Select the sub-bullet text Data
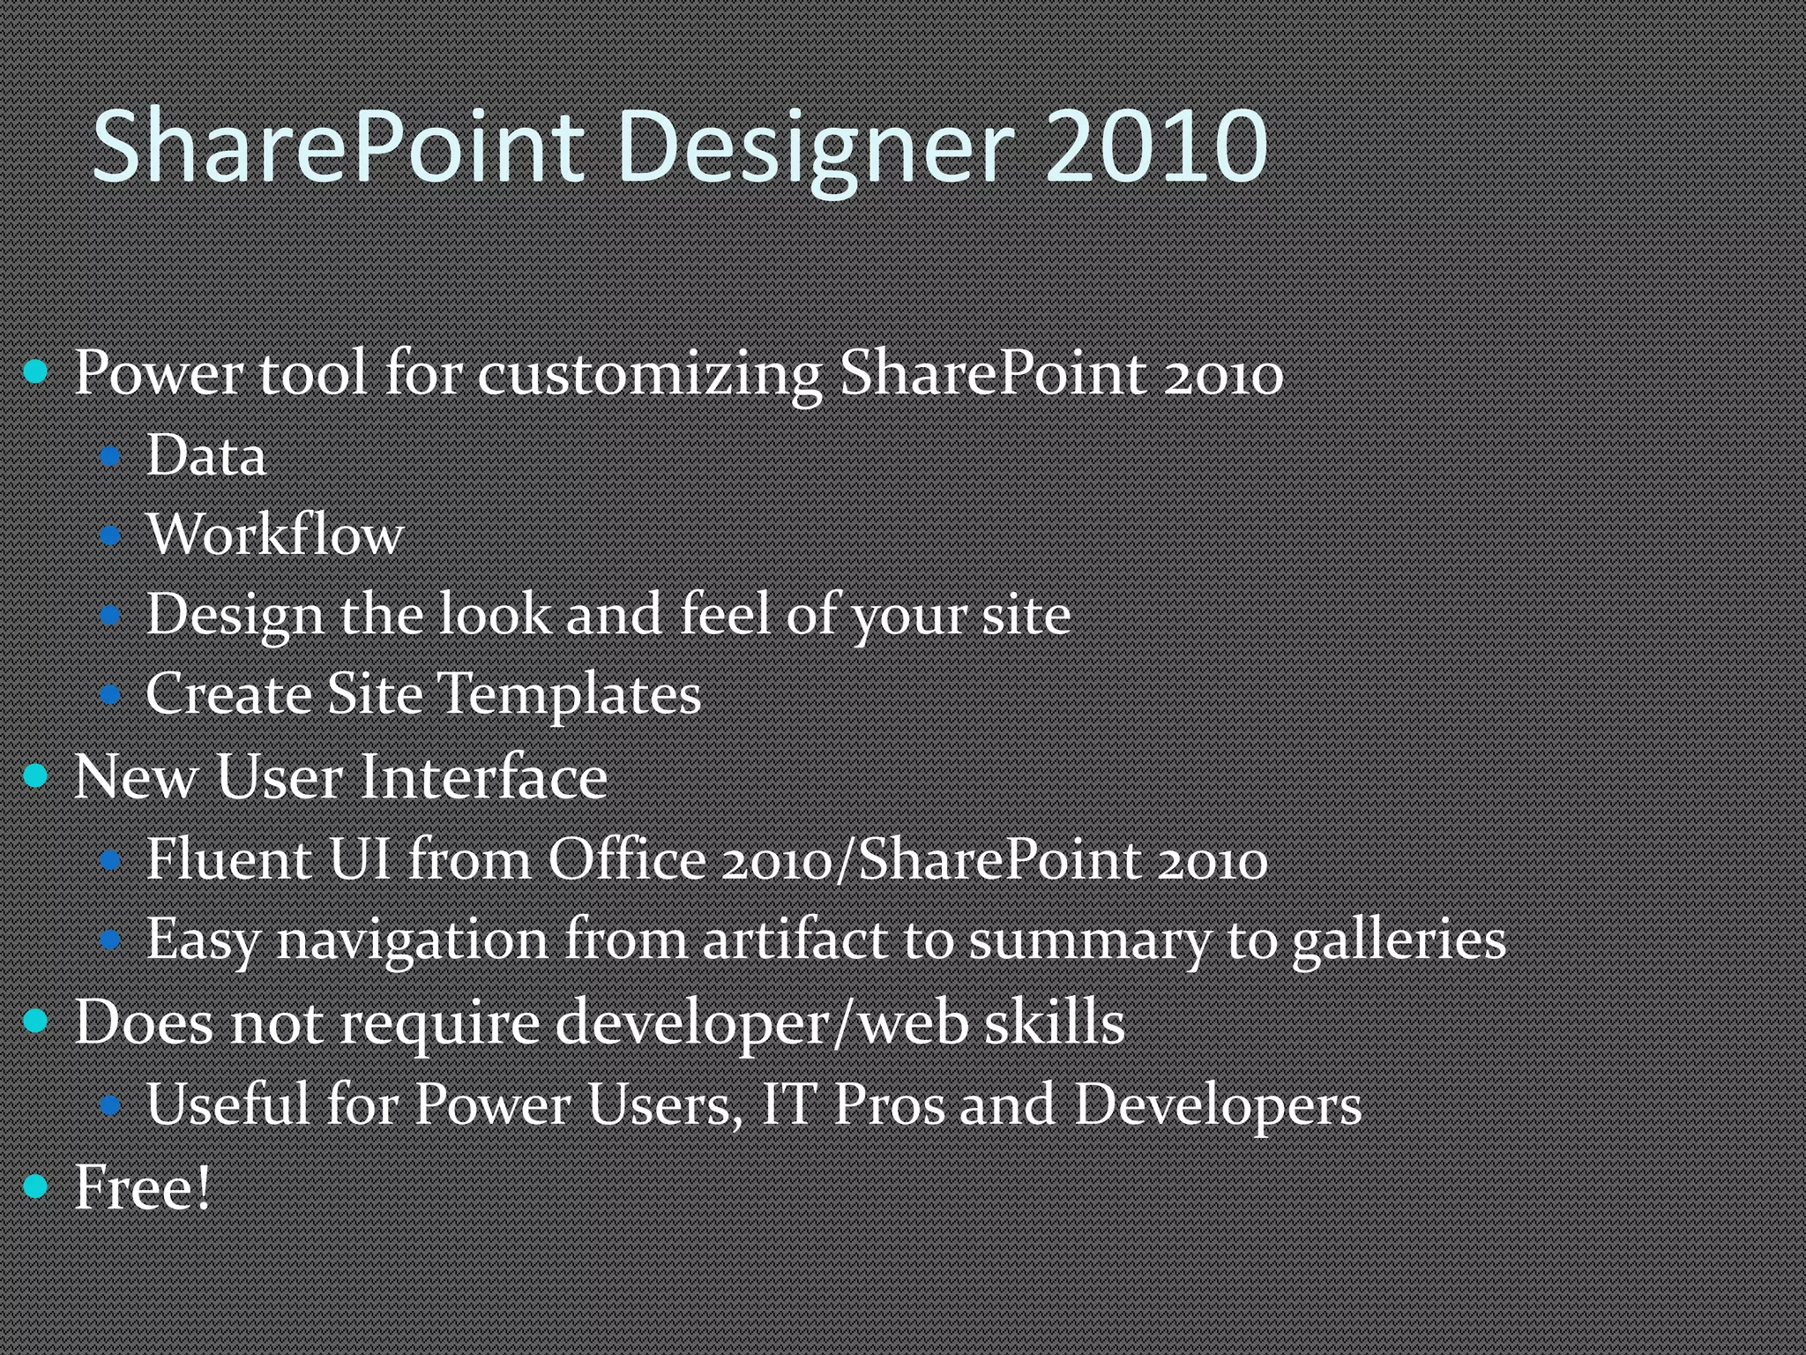(x=205, y=457)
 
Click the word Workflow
(x=275, y=535)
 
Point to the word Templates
(x=569, y=693)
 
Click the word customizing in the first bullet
(x=650, y=374)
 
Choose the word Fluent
(x=228, y=859)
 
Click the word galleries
(x=1399, y=940)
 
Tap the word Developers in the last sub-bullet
(x=1218, y=1105)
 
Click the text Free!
(x=143, y=1187)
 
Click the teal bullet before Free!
(x=36, y=1187)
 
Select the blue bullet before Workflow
(x=110, y=535)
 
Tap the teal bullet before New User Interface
(x=36, y=776)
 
